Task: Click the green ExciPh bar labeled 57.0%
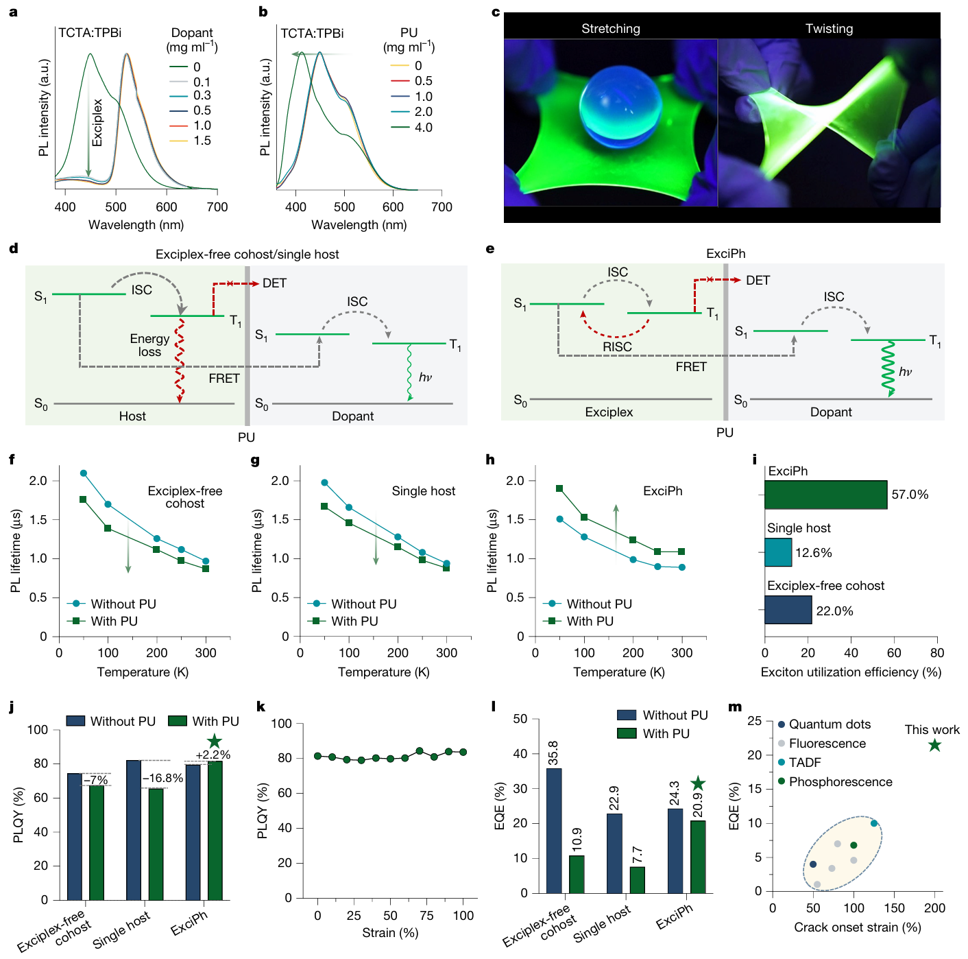[x=825, y=495]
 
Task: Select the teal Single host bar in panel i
[x=778, y=552]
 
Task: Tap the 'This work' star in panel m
[x=934, y=745]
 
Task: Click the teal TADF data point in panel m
[x=874, y=823]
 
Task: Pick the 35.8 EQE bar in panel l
[x=554, y=830]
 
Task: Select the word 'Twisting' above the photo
[x=829, y=29]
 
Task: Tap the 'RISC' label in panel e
[x=617, y=347]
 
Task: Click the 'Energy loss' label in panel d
[x=149, y=345]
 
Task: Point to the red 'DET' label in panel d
[x=274, y=283]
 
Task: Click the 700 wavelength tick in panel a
[x=217, y=207]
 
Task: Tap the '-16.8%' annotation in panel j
[x=162, y=779]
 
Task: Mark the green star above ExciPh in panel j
[x=215, y=741]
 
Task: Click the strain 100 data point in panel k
[x=463, y=753]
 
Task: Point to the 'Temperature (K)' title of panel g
[x=383, y=672]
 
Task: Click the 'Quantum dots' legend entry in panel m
[x=830, y=724]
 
